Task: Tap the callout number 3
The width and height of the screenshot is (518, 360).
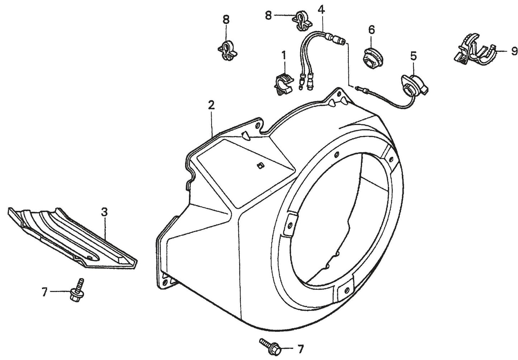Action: [x=104, y=212]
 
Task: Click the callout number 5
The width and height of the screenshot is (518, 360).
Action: [x=413, y=56]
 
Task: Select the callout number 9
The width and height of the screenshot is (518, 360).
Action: [x=514, y=52]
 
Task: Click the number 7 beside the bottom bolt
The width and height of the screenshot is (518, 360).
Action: [x=300, y=348]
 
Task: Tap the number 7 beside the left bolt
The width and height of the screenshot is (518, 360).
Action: [x=44, y=292]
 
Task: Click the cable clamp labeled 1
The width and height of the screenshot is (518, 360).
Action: [x=284, y=82]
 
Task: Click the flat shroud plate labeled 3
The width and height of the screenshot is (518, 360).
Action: [x=72, y=236]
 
